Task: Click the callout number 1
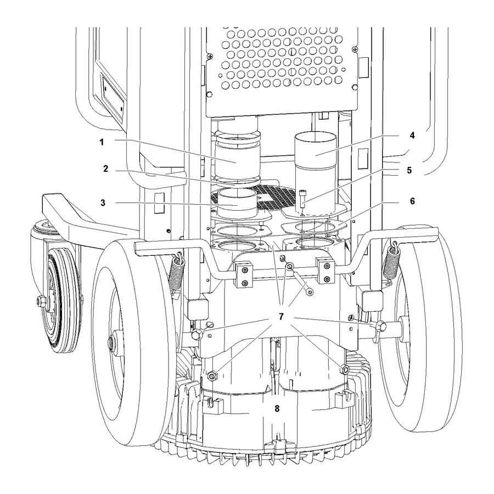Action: pos(102,142)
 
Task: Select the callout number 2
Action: pos(106,169)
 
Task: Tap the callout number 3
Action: pos(103,203)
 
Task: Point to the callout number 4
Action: pos(412,136)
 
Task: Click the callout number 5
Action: pos(409,170)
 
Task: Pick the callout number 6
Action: pos(412,201)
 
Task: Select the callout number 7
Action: pos(281,316)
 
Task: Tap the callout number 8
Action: pos(277,408)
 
